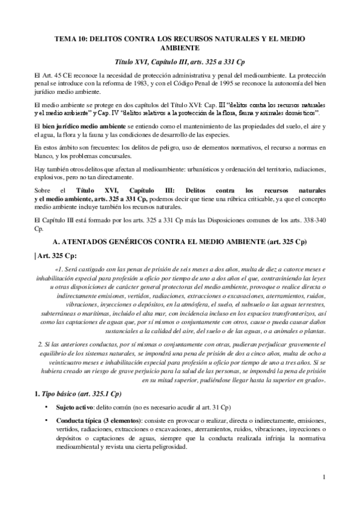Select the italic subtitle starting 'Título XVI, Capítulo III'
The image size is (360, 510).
(180, 62)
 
